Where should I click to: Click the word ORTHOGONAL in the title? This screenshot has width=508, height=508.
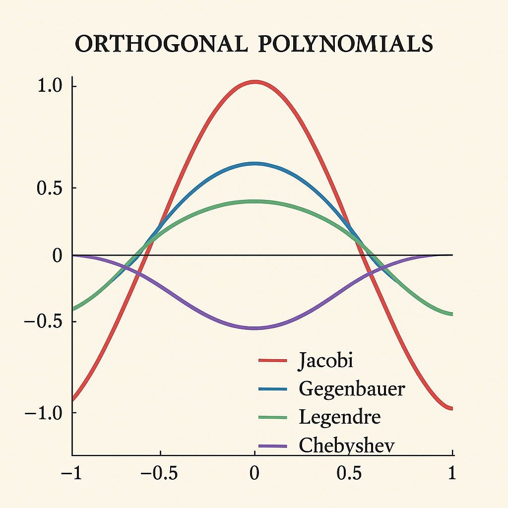pos(160,44)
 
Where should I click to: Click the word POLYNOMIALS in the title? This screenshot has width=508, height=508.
pos(341,44)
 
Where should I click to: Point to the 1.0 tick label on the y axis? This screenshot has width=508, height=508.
pos(50,86)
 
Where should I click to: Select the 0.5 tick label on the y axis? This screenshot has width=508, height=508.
pos(50,188)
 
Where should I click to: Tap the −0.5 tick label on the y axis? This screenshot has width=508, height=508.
pos(45,321)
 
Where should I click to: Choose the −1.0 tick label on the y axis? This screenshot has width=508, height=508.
pos(45,413)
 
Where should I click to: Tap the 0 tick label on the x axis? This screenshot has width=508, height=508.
pos(254,473)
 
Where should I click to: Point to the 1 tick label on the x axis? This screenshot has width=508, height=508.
pos(452,473)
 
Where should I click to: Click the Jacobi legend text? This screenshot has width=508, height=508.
pos(325,361)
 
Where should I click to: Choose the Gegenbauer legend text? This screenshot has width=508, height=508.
pos(352,389)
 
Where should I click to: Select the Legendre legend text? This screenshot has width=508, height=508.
pos(340,417)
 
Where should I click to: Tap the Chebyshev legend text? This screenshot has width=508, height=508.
pos(347,445)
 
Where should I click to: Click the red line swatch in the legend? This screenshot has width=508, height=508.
pos(273,361)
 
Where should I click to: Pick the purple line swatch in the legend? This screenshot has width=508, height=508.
pos(273,446)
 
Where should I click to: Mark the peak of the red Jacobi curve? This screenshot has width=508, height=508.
pos(254,81)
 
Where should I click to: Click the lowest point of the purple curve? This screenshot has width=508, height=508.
pos(254,328)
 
